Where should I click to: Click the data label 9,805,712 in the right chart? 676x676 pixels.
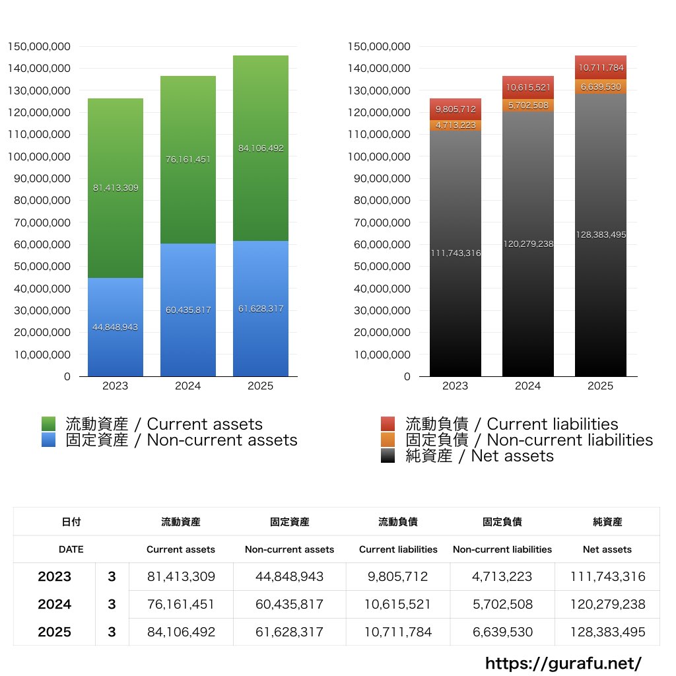point(456,109)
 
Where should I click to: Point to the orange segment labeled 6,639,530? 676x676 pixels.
point(601,86)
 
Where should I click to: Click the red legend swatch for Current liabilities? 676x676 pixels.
point(388,424)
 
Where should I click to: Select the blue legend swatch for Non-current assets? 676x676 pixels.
point(48,440)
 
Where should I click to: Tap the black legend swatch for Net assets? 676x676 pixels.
point(388,456)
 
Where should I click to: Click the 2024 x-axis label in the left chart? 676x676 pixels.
point(188,386)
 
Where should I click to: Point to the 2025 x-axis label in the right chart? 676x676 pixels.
point(601,386)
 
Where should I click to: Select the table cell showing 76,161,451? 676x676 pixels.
point(181,604)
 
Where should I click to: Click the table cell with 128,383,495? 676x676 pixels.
point(607,632)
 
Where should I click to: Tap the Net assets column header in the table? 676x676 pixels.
point(607,549)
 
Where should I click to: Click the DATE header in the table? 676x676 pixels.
point(71,549)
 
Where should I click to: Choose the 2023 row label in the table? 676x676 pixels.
point(54,576)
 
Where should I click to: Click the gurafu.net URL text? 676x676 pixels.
point(563,663)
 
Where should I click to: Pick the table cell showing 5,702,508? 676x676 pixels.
point(502,604)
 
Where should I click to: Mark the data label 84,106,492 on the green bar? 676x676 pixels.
point(261,149)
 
